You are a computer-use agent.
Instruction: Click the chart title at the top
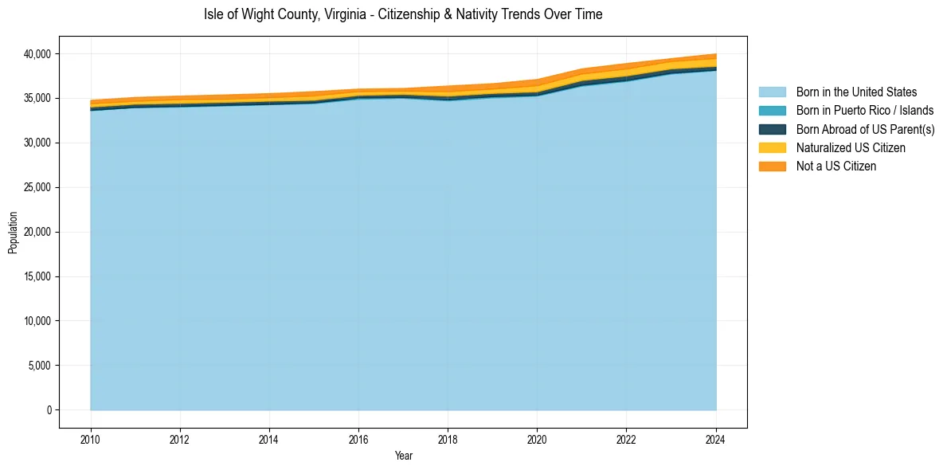pyautogui.click(x=403, y=14)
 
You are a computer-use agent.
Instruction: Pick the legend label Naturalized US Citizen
pyautogui.click(x=851, y=148)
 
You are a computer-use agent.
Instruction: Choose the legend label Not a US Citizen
pyautogui.click(x=835, y=166)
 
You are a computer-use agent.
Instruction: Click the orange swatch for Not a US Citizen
pyautogui.click(x=772, y=166)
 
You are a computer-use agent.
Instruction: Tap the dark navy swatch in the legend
pyautogui.click(x=772, y=129)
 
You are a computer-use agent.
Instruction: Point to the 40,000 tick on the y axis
pyautogui.click(x=37, y=54)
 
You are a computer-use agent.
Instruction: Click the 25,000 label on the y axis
pyautogui.click(x=37, y=188)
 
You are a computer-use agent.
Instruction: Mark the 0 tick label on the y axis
pyautogui.click(x=48, y=410)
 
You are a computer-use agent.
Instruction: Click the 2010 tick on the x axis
pyautogui.click(x=91, y=439)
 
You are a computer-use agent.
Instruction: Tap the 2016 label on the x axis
pyautogui.click(x=358, y=439)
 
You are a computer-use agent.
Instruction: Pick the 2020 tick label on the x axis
pyautogui.click(x=537, y=439)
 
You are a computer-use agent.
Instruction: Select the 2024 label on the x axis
pyautogui.click(x=716, y=439)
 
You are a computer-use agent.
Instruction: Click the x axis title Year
pyautogui.click(x=403, y=456)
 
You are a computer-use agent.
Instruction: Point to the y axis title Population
pyautogui.click(x=13, y=233)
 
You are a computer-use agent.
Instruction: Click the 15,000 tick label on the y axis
pyautogui.click(x=37, y=276)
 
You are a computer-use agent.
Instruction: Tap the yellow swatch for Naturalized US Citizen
pyautogui.click(x=772, y=148)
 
